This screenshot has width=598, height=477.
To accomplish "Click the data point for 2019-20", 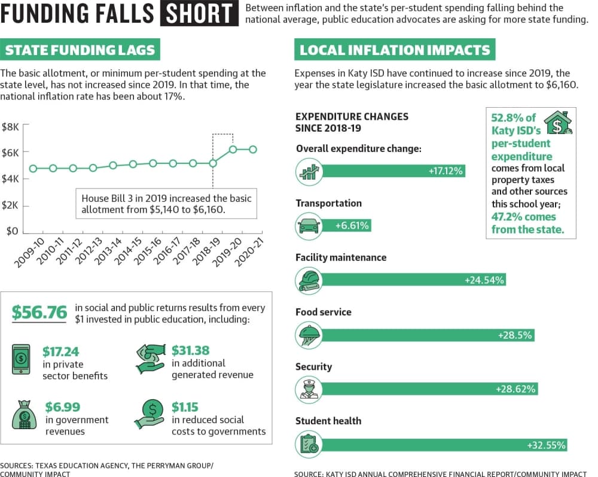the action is [233, 149].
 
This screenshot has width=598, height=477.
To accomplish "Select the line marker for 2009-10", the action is [33, 168].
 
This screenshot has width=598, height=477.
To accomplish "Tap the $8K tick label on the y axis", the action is [10, 127].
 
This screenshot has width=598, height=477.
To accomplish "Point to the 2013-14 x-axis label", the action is [108, 251].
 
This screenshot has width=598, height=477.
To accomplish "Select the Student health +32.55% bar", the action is [444, 445].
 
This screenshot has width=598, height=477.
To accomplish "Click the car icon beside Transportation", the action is [309, 226].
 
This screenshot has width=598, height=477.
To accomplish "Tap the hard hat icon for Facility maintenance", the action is [309, 281].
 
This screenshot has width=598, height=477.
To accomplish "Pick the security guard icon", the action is [309, 390].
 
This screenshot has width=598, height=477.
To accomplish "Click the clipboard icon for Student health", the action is [309, 444].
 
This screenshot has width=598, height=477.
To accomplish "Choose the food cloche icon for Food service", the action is [309, 335].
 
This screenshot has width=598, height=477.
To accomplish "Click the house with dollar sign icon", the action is [559, 123].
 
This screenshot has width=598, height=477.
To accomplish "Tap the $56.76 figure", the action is [39, 312].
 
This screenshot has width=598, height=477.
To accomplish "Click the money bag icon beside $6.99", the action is [25, 415].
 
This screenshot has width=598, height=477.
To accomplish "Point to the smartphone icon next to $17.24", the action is [21, 359].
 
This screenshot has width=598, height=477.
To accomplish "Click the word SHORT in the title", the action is [200, 13].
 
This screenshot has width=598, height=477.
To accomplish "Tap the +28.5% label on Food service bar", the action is [515, 335].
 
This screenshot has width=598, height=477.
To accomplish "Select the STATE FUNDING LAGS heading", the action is [80, 50].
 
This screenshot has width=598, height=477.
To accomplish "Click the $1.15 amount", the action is [185, 407].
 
